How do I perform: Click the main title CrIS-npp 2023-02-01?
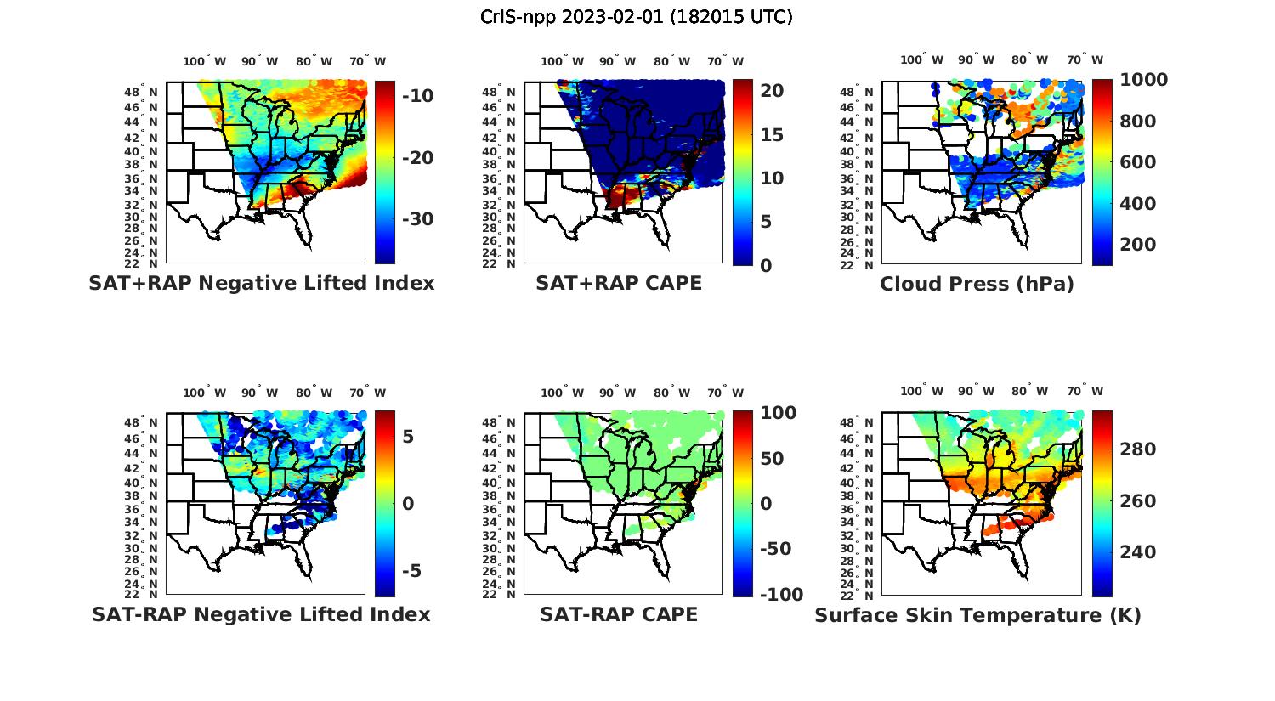[x=636, y=16]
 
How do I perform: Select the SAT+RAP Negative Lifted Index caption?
[x=261, y=283]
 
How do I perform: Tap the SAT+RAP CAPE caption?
[x=619, y=283]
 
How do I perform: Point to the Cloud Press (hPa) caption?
[x=977, y=284]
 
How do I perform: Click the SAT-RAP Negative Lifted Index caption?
[x=261, y=614]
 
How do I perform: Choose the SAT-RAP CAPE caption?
[x=619, y=614]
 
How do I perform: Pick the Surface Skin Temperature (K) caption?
[x=977, y=615]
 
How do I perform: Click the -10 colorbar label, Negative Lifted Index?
[x=416, y=96]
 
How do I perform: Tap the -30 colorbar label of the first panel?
[x=416, y=219]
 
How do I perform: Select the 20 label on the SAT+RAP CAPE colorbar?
[x=773, y=91]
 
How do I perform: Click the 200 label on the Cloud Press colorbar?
[x=1137, y=245]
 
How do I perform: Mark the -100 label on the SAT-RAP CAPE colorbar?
[x=780, y=595]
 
